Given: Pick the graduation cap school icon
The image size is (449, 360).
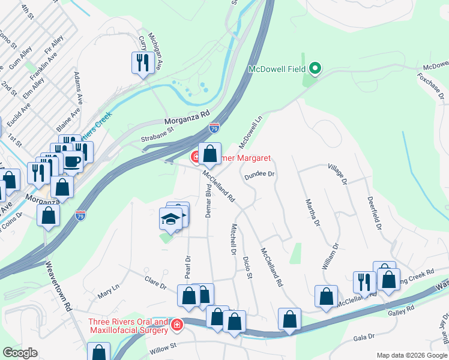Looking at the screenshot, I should click(x=170, y=219).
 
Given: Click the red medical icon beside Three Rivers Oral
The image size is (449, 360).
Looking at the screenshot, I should click(x=176, y=325).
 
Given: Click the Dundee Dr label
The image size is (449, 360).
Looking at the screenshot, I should click(x=259, y=175).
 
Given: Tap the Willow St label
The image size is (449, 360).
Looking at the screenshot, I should click(x=164, y=346).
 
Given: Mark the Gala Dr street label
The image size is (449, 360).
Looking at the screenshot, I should click(x=363, y=337).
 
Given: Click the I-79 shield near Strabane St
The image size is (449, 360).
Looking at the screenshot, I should click(x=214, y=128).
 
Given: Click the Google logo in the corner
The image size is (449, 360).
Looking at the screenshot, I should click(x=20, y=353).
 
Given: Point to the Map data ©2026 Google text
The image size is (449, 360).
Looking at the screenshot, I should click(x=411, y=355).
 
